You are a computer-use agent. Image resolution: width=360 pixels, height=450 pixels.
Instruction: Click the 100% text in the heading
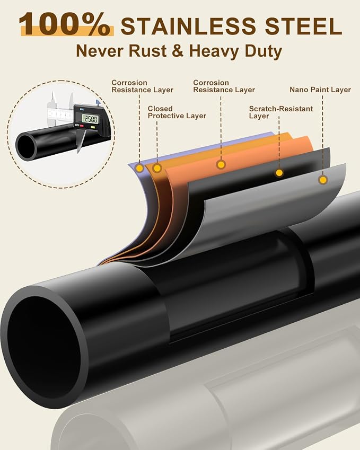pyautogui.click(x=65, y=25)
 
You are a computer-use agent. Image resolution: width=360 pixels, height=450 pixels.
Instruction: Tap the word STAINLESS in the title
pyautogui.click(x=188, y=26)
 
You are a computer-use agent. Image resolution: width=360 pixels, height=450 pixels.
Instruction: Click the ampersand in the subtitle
pyautogui.click(x=178, y=51)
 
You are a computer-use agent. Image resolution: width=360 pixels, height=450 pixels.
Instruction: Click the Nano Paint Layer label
pyautogui.click(x=320, y=90)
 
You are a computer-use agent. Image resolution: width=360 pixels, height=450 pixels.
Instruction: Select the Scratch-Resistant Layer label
pyautogui.click(x=281, y=112)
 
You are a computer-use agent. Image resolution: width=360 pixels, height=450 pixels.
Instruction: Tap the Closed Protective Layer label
pyautogui.click(x=177, y=112)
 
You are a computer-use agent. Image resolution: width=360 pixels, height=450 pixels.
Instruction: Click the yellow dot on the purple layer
pyautogui.click(x=140, y=168)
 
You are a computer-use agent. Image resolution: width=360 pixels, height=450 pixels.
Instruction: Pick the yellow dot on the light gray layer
pyautogui.click(x=323, y=180)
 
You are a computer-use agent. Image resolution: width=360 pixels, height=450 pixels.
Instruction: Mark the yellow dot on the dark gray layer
pyautogui.click(x=279, y=173)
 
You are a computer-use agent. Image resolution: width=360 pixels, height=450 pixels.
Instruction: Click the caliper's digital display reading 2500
pyautogui.click(x=90, y=119)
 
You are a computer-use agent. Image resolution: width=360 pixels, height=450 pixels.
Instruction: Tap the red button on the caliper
pyautogui.click(x=82, y=126)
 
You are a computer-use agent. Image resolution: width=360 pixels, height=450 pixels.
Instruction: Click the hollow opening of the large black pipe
pyautogui.click(x=43, y=347)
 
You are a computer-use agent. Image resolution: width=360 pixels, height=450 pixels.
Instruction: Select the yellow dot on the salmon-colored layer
pyautogui.click(x=221, y=164)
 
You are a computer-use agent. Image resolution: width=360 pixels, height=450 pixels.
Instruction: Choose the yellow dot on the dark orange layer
pyautogui.click(x=157, y=168)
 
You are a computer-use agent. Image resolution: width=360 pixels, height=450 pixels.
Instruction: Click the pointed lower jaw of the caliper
pyautogui.click(x=81, y=140)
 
